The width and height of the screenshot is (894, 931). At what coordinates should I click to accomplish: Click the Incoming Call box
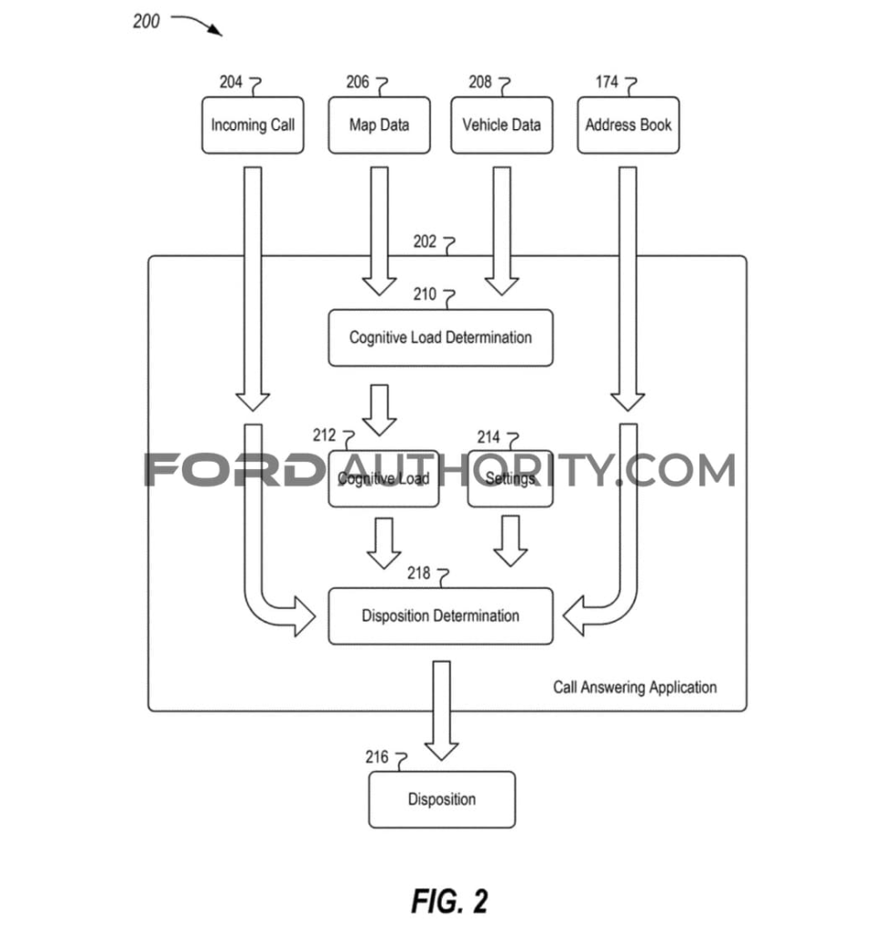click(252, 125)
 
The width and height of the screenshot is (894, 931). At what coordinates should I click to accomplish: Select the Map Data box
click(378, 125)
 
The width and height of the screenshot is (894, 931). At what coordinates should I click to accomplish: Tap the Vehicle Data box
click(501, 125)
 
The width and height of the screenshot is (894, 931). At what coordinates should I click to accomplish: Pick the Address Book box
click(628, 125)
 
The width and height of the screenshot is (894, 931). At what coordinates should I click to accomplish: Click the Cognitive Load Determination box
click(440, 338)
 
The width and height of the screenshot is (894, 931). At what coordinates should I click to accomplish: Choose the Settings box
click(510, 478)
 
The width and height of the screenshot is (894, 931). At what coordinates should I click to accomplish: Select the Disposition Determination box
click(440, 616)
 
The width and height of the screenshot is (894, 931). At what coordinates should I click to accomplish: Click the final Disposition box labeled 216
click(441, 800)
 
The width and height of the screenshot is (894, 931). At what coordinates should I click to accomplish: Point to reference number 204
click(231, 83)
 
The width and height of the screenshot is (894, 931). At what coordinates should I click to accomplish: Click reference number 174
click(607, 83)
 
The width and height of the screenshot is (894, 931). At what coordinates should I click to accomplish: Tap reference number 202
click(425, 242)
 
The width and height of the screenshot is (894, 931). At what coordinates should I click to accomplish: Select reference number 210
click(425, 295)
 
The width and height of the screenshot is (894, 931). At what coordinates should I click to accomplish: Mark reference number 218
click(419, 574)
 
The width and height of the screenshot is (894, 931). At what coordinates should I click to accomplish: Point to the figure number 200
click(146, 21)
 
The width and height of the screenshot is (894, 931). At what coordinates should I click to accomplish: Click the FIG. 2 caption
click(449, 901)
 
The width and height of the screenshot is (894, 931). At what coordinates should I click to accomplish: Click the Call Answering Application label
click(635, 687)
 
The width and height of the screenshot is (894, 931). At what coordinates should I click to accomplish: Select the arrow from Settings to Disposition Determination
click(510, 541)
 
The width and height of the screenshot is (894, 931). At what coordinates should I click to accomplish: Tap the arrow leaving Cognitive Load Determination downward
click(379, 409)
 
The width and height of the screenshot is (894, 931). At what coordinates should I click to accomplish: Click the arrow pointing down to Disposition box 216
click(442, 710)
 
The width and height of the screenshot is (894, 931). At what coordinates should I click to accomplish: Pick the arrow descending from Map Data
click(379, 231)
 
